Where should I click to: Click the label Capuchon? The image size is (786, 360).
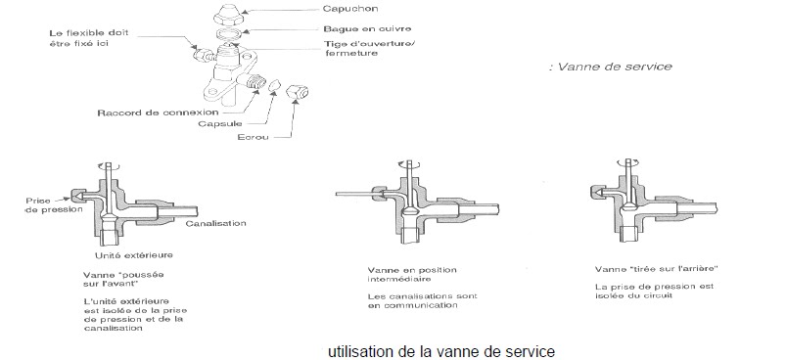coord(349,9)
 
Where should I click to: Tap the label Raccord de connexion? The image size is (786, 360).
coord(158,112)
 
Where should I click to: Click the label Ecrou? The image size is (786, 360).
coord(254,137)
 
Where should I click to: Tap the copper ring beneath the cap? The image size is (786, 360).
coord(229,34)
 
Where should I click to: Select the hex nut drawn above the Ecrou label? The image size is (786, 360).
coord(297,92)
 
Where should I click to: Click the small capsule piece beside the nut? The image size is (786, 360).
coord(273,86)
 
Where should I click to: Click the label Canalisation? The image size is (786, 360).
coord(215,223)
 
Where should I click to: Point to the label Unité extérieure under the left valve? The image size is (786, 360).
coord(134,255)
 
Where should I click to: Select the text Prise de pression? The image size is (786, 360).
coord(54,204)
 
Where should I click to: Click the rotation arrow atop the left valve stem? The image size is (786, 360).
coord(110,166)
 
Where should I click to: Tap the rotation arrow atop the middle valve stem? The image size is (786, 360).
coord(409,164)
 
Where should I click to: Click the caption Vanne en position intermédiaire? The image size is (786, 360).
coord(412,274)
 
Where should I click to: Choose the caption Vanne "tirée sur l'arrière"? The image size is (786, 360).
coord(657,269)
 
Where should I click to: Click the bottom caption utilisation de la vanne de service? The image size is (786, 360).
coord(441,351)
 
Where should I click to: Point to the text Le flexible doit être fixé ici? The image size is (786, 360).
coord(89,38)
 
